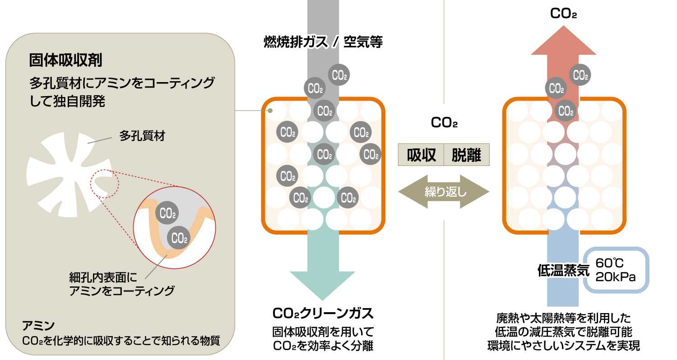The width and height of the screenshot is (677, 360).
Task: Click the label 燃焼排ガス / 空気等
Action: [323, 42]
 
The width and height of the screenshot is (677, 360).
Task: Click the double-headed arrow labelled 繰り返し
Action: [444, 193]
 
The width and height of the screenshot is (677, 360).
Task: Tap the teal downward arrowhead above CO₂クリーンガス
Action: [322, 284]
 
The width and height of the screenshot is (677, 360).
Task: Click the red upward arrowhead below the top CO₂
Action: [564, 41]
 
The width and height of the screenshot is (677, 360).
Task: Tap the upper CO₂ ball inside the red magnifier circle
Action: [167, 213]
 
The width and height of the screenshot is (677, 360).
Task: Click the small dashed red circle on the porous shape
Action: [104, 182]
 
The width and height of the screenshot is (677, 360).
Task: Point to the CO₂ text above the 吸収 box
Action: [444, 123]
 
